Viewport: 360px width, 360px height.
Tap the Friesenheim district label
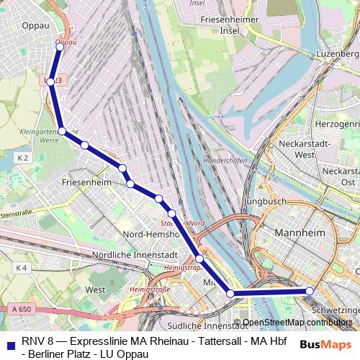point(86,184)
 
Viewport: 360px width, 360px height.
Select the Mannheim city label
point(302,233)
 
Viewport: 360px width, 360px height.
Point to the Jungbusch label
point(265,202)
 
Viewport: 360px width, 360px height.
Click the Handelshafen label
point(225,161)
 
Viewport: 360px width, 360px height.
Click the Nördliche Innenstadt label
point(134,256)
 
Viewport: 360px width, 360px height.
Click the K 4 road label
point(20,268)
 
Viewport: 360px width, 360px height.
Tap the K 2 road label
point(22,158)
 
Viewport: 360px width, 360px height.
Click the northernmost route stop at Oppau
point(60,45)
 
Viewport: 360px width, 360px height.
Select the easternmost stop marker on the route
point(310,292)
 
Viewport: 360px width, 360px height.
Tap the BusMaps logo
point(325,343)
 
